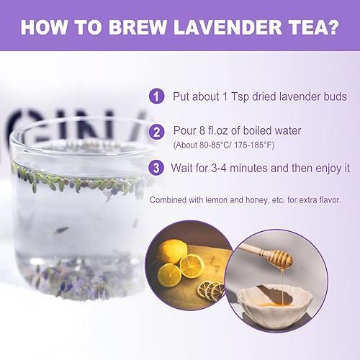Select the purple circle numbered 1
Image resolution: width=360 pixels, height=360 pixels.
pos(156,96)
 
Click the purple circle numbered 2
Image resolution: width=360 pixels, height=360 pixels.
pos(156,132)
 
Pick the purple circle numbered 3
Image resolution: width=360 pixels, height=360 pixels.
pos(156,168)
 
